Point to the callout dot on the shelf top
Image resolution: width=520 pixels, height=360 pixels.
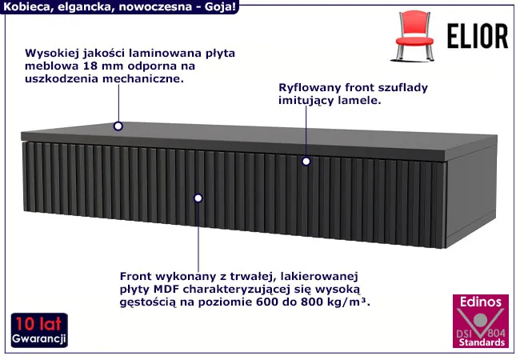118,126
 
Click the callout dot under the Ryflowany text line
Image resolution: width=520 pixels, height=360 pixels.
306,161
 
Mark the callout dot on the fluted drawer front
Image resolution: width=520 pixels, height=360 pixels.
198,197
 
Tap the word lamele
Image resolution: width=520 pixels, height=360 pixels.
360,102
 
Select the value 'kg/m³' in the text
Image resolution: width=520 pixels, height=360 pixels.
353,303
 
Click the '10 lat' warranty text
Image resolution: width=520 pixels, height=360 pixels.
38,324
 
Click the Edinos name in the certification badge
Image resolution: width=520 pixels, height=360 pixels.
478,302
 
